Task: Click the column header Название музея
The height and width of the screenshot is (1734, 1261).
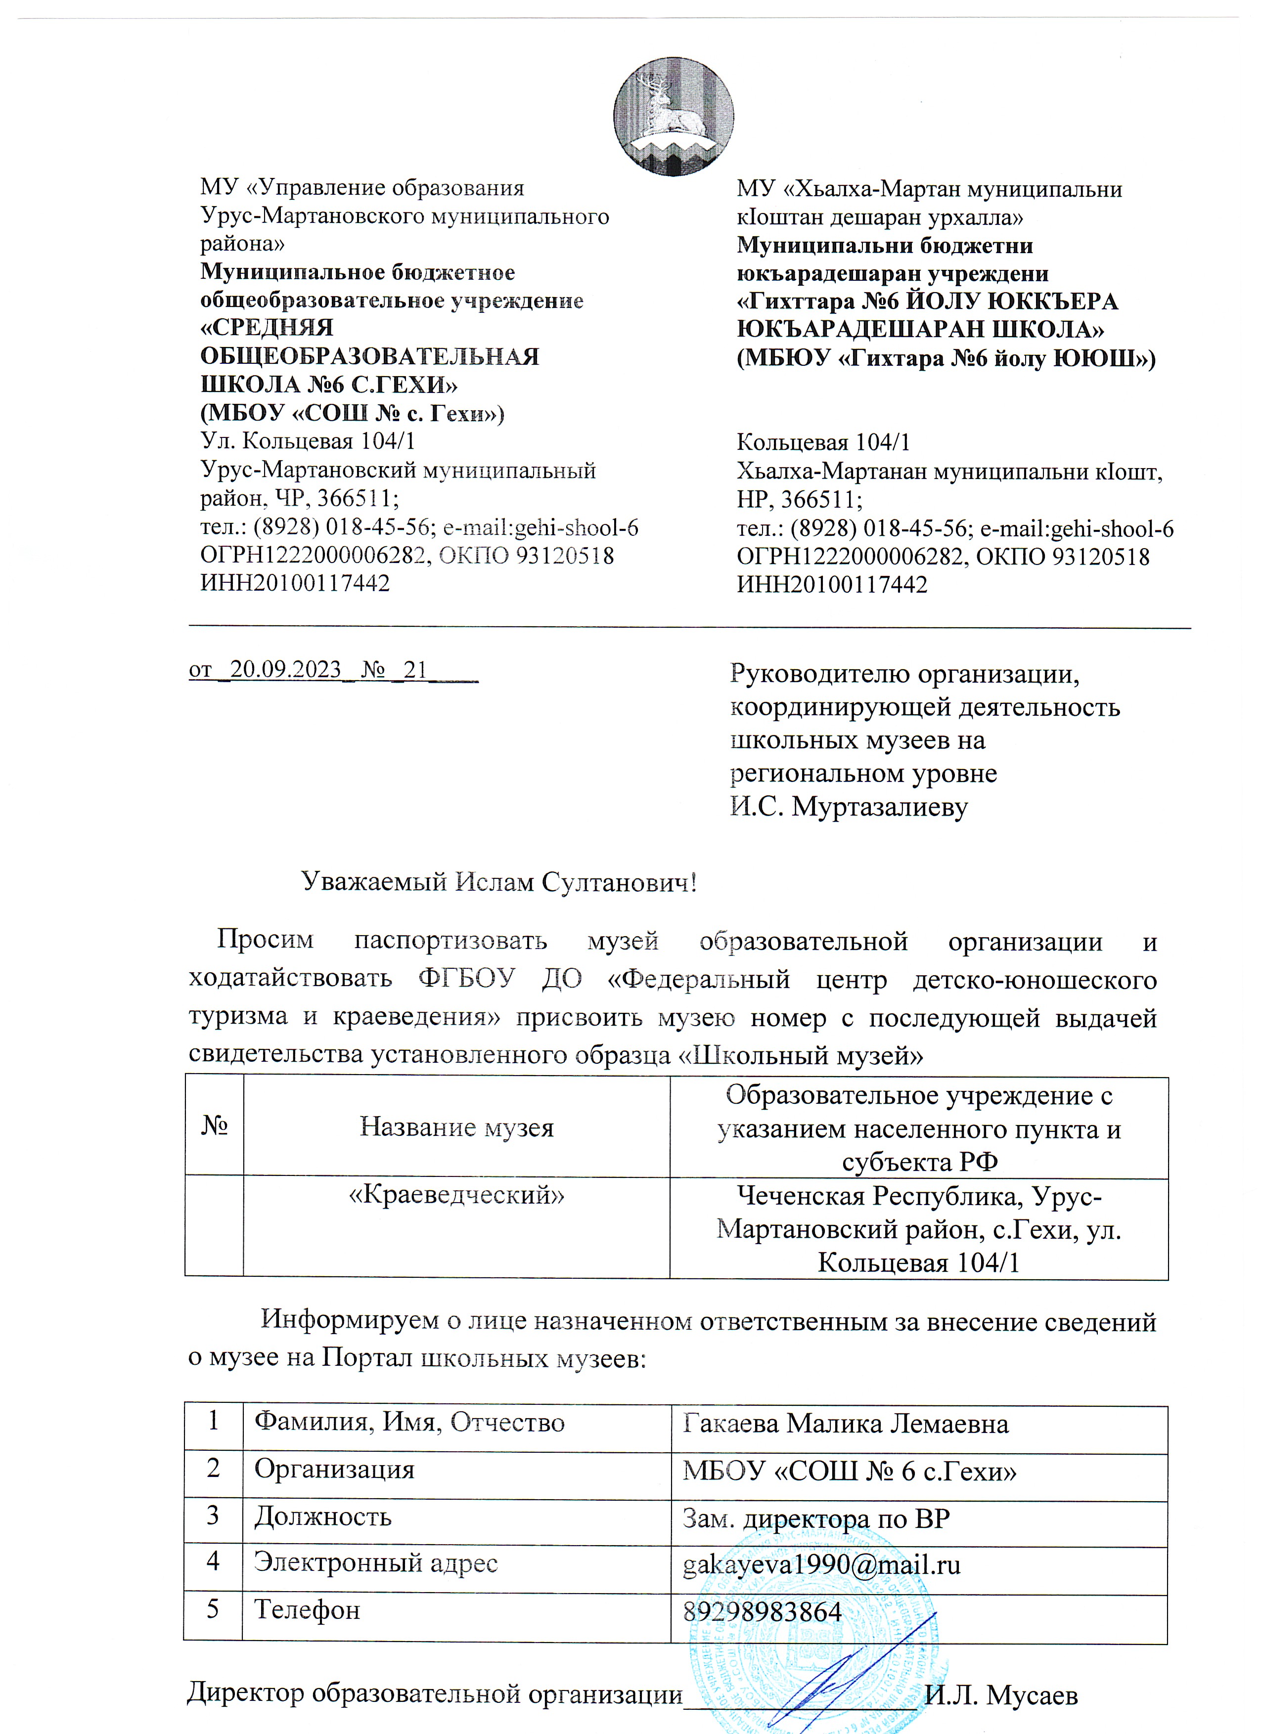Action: tap(456, 1127)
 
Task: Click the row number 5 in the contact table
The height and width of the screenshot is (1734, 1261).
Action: tap(213, 1609)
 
